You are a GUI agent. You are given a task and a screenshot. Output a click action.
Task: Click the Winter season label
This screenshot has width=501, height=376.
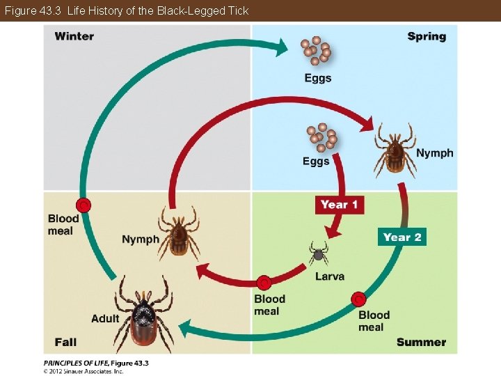(74, 36)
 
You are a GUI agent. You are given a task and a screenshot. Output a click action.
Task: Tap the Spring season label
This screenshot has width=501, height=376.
(427, 36)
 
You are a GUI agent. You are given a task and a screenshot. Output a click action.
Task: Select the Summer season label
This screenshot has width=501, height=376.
(421, 342)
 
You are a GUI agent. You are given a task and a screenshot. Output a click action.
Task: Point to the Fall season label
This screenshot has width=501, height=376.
(65, 342)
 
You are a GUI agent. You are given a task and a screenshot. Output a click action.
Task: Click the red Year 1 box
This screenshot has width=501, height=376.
(340, 205)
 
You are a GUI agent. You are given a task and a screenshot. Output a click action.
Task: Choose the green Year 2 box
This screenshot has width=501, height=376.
(401, 237)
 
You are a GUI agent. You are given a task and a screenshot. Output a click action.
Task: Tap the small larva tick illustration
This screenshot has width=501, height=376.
(318, 253)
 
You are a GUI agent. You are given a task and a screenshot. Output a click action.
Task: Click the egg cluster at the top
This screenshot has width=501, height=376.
(317, 50)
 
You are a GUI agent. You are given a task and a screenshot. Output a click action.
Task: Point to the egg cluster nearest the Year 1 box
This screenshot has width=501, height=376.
(321, 138)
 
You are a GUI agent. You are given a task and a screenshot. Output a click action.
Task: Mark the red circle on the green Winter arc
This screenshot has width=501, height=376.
(83, 205)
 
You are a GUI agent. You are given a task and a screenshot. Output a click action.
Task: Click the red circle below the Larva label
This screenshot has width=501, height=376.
(263, 283)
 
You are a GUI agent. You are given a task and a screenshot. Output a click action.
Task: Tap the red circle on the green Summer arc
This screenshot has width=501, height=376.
(358, 299)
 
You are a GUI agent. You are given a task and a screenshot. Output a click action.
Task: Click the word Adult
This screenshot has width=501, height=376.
(105, 319)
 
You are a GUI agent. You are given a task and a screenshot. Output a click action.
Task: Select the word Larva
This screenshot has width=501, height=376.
(329, 276)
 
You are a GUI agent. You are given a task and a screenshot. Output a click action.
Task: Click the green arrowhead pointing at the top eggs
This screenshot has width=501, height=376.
(280, 47)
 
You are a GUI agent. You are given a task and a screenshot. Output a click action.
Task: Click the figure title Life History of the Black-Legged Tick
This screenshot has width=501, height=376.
(157, 10)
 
